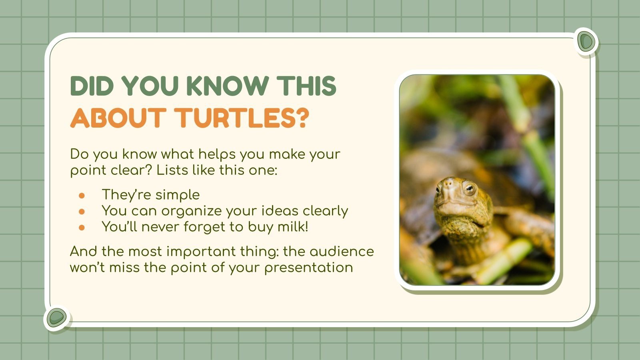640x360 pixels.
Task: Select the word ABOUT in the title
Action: (118, 118)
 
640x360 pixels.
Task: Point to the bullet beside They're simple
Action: (82, 196)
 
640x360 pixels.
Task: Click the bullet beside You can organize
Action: (82, 211)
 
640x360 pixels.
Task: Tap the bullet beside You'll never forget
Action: (82, 227)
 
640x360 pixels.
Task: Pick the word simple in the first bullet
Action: (178, 195)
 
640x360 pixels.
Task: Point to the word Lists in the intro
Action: (172, 170)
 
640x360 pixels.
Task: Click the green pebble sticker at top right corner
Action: (586, 41)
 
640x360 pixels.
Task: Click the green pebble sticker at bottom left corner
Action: (56, 318)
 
